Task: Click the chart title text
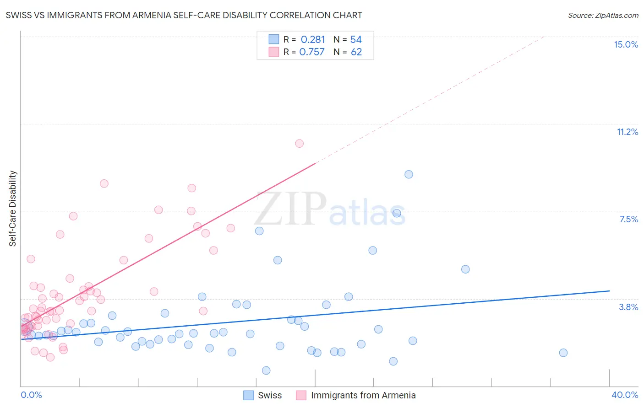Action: coord(184,15)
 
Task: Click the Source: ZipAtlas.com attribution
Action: coord(603,16)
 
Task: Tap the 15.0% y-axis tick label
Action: coord(626,44)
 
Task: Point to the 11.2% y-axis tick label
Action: coord(627,132)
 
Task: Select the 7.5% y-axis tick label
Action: coord(628,219)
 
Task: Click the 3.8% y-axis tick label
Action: coord(628,307)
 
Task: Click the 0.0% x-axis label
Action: coord(31,395)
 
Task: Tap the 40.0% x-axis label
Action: coord(624,395)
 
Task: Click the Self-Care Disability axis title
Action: coord(13,209)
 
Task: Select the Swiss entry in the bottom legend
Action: coord(269,395)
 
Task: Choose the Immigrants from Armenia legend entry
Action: coord(363,395)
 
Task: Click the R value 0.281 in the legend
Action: coord(312,40)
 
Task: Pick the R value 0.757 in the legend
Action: coord(311,52)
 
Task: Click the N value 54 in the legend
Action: coord(356,40)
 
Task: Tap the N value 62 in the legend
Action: coord(356,52)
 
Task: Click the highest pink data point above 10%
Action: coord(299,144)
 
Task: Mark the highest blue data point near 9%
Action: coord(409,174)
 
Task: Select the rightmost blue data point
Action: coord(563,353)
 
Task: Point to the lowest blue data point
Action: coord(266,370)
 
